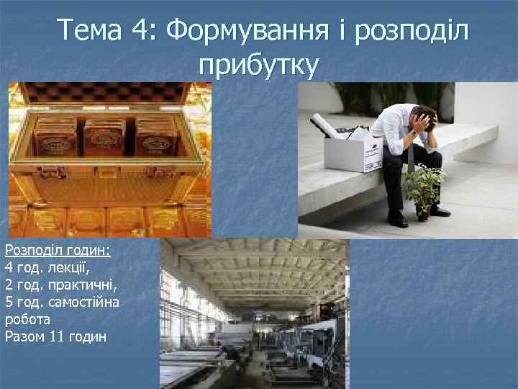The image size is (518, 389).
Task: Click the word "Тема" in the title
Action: (91, 31)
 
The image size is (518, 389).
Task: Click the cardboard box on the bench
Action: (353, 151)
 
